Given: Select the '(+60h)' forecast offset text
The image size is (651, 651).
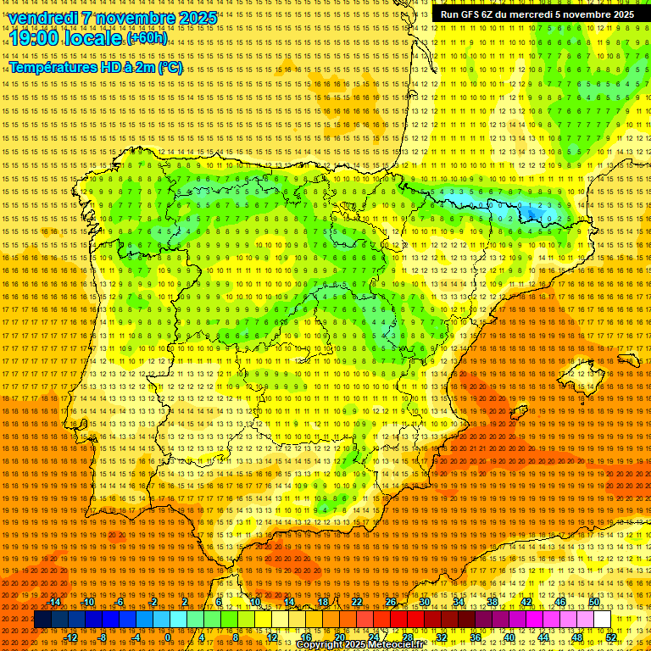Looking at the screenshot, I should pos(147,39).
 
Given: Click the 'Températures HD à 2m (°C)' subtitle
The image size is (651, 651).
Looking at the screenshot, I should pos(95,67).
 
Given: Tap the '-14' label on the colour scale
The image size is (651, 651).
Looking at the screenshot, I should pos(55,602).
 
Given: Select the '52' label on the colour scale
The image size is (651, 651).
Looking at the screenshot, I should pos(611,637).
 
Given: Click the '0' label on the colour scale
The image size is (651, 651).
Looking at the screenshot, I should pos(168,637).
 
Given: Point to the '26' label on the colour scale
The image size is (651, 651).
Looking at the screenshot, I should pos(391,602).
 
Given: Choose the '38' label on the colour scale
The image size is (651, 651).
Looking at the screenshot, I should pos(492,602).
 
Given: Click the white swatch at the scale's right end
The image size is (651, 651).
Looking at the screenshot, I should pos(602,620).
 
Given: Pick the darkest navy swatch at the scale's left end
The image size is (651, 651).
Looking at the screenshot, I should pos(42,620).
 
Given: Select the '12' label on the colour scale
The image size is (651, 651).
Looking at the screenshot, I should pos(272,637).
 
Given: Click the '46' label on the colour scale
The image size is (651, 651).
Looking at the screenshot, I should pos(560,602).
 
